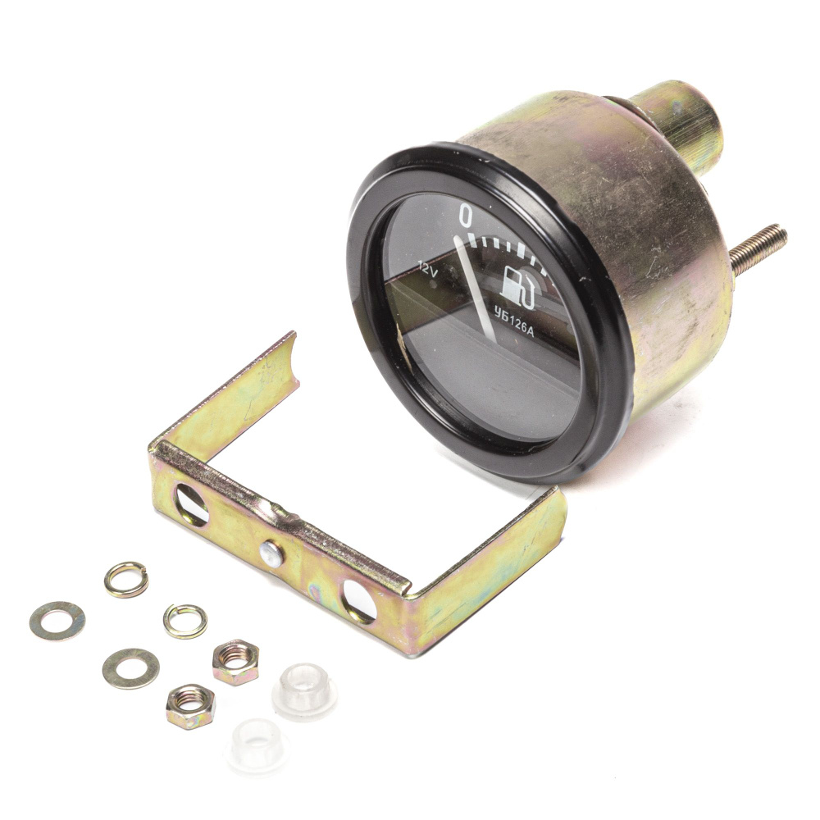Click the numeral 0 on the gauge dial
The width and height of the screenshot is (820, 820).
[464, 216]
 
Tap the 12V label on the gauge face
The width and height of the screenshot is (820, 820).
[428, 271]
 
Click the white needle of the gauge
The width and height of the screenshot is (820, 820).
[475, 286]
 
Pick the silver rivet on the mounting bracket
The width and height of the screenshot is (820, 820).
[271, 553]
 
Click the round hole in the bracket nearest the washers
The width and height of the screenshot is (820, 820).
[191, 505]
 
